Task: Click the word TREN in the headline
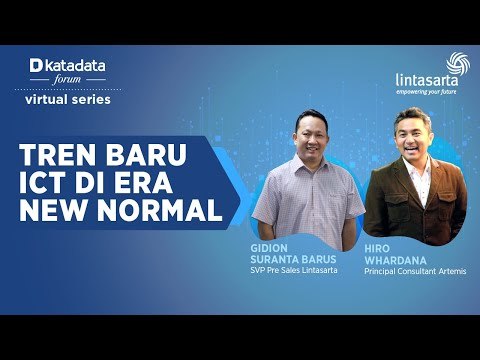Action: (x=61, y=161)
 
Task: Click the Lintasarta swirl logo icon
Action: (x=457, y=63)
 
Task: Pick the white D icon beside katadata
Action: (x=36, y=66)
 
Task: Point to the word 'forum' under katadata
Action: (x=66, y=81)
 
